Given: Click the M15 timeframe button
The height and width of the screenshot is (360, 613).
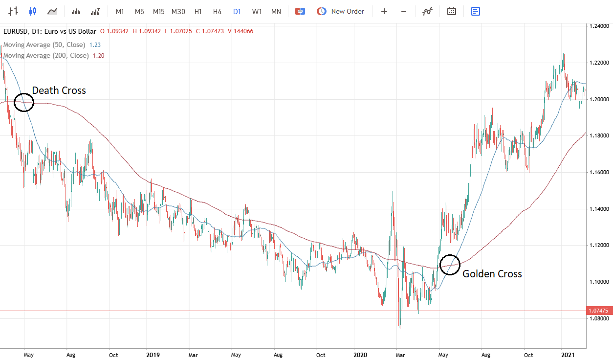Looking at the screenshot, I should click(158, 11).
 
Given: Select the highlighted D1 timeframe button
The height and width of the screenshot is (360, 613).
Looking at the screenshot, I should click(237, 11).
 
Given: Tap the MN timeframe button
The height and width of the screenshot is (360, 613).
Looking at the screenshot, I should click(276, 11).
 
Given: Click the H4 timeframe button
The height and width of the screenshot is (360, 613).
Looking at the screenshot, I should click(218, 11).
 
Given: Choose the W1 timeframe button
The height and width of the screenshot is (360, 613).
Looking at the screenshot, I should click(257, 11).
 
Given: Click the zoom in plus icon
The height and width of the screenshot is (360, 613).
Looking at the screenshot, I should click(384, 11).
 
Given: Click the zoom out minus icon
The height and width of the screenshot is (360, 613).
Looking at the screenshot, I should click(404, 11).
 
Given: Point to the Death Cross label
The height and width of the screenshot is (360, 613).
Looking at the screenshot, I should click(59, 90).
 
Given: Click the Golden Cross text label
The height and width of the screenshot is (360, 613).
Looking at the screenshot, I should click(492, 274).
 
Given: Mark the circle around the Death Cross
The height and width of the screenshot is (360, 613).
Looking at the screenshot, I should click(24, 103).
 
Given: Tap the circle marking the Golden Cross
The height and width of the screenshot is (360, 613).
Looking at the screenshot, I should click(450, 265).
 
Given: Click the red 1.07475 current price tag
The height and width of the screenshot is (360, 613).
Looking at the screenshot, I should click(599, 311).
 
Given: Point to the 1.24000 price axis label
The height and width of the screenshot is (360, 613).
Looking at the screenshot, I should click(599, 26).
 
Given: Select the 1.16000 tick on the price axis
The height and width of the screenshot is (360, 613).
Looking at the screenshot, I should click(599, 173).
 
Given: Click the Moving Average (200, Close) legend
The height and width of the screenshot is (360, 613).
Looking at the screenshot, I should click(46, 56).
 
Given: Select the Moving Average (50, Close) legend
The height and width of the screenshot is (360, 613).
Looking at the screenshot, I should click(44, 45).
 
